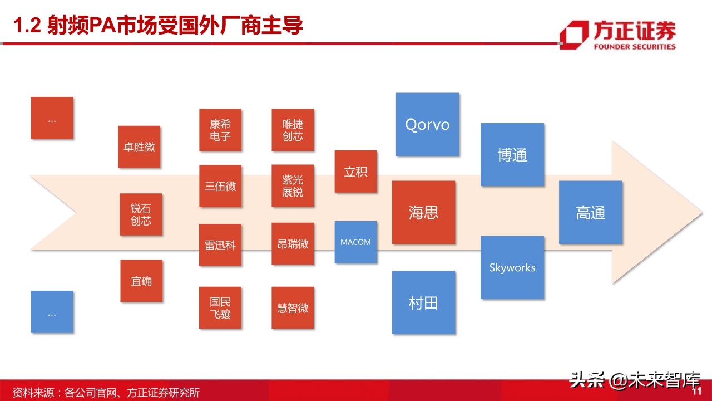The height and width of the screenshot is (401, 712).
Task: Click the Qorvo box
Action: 427,124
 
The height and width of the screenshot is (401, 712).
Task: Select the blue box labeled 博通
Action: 512,155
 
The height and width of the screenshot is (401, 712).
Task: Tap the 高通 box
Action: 590,212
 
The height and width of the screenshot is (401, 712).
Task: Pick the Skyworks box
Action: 512,267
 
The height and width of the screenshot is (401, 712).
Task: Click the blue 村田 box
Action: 423,302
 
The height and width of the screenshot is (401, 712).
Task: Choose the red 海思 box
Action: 423,212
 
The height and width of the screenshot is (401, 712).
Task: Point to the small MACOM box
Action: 355,242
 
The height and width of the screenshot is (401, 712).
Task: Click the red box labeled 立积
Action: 355,172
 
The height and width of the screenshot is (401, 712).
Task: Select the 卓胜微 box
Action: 139,147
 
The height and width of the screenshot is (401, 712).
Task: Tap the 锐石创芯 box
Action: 141,214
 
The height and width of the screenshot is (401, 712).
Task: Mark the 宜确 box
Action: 141,281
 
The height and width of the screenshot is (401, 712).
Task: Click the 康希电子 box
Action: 220,130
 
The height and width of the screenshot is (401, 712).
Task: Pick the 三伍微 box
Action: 220,186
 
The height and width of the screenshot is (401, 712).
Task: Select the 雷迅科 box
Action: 220,244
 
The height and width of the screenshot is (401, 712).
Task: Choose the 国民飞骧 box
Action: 220,307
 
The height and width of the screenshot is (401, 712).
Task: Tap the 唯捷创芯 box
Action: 293,130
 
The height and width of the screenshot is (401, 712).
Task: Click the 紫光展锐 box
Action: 293,186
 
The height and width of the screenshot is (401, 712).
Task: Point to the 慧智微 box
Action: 293,307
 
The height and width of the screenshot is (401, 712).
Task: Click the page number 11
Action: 695,392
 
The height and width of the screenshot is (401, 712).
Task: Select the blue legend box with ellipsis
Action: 52,312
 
